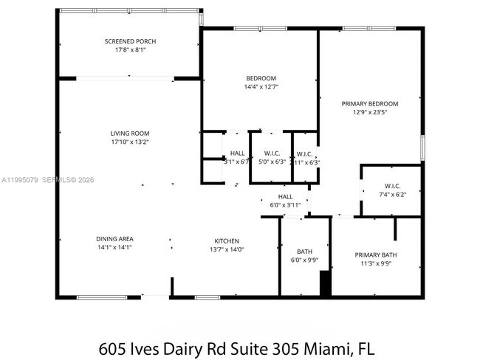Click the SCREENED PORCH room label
130,41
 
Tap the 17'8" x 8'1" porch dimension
130,50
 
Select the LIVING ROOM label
130,134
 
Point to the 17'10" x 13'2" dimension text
130,142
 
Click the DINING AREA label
114,239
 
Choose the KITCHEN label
227,241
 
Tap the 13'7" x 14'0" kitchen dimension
227,250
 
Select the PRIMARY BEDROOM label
370,104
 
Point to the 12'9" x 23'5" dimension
370,113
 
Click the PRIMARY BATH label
375,255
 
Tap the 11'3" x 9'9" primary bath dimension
375,264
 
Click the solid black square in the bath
323,283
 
